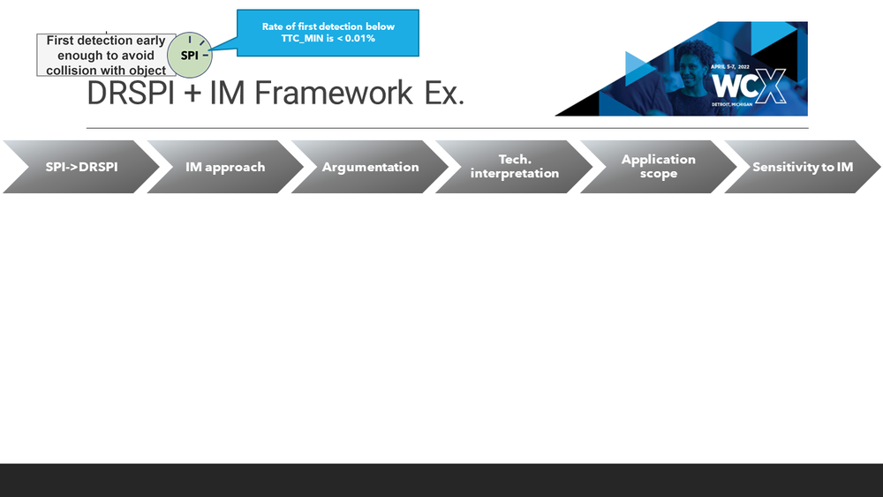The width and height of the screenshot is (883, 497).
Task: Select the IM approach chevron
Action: pyautogui.click(x=225, y=167)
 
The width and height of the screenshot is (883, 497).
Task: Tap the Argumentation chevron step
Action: pyautogui.click(x=370, y=167)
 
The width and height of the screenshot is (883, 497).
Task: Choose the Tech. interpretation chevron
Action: pyautogui.click(x=515, y=167)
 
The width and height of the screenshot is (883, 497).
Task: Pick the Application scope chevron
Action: pyautogui.click(x=659, y=167)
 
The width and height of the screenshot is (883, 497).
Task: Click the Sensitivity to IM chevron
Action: pyautogui.click(x=803, y=167)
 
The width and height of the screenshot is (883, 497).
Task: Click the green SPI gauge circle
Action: pyautogui.click(x=190, y=55)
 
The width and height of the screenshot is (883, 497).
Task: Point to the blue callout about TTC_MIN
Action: pyautogui.click(x=328, y=33)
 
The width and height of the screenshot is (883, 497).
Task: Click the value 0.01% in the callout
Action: pyautogui.click(x=355, y=39)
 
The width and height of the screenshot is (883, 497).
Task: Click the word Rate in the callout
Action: pyautogui.click(x=275, y=26)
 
